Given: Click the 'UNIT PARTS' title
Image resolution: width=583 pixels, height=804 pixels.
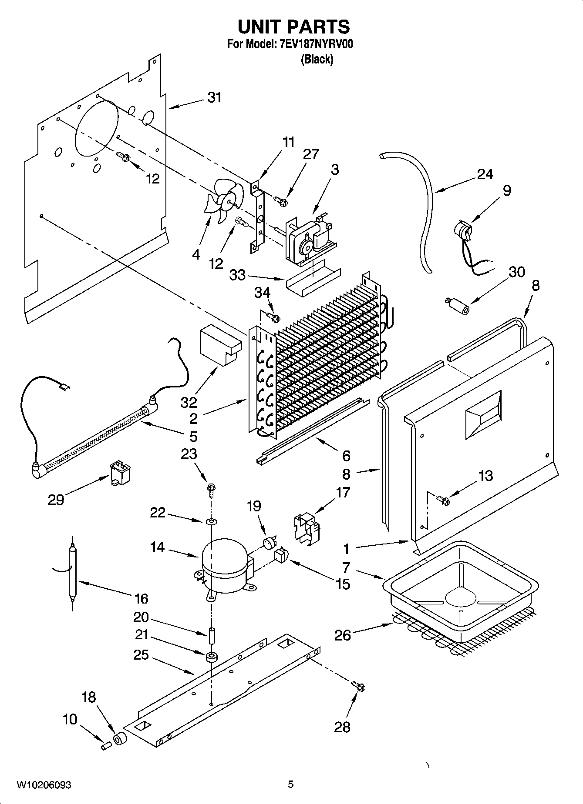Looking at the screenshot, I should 293,27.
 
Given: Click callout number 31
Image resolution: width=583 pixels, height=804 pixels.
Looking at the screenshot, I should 214,98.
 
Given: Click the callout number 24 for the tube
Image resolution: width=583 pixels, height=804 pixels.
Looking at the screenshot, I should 485,174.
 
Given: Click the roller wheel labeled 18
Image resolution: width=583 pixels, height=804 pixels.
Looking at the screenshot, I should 119,739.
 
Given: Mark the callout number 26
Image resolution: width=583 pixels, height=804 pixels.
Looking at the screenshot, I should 343,635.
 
